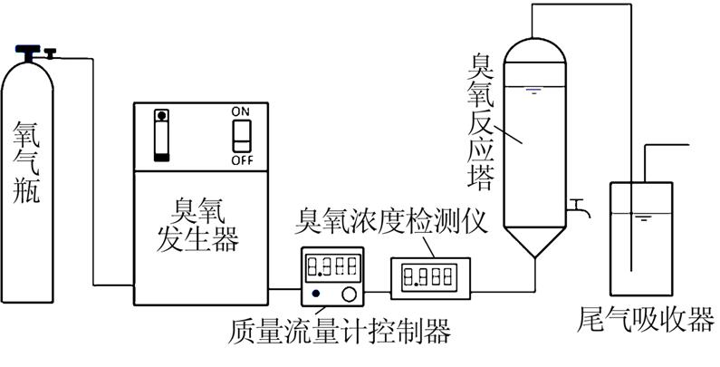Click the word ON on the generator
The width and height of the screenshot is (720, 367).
point(240,111)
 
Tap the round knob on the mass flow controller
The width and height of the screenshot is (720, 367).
point(348,293)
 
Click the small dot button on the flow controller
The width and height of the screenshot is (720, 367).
point(315,294)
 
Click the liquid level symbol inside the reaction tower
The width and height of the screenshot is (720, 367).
point(534,91)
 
